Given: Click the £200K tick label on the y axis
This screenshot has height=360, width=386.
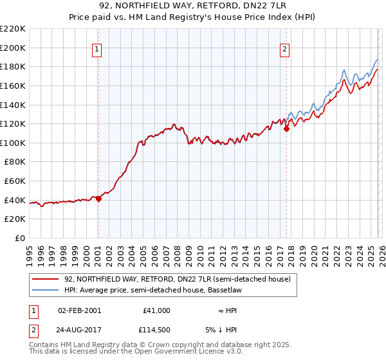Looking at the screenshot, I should tap(13, 48).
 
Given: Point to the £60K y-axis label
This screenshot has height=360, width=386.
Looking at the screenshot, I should tap(15, 181).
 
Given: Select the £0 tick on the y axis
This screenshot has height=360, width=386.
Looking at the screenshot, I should tap(20, 239).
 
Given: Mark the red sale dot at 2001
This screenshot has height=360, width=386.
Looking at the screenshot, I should tap(98, 199).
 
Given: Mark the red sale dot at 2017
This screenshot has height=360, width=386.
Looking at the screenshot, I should tap(286, 129).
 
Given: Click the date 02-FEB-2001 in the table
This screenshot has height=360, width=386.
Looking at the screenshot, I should tap(79, 310).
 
